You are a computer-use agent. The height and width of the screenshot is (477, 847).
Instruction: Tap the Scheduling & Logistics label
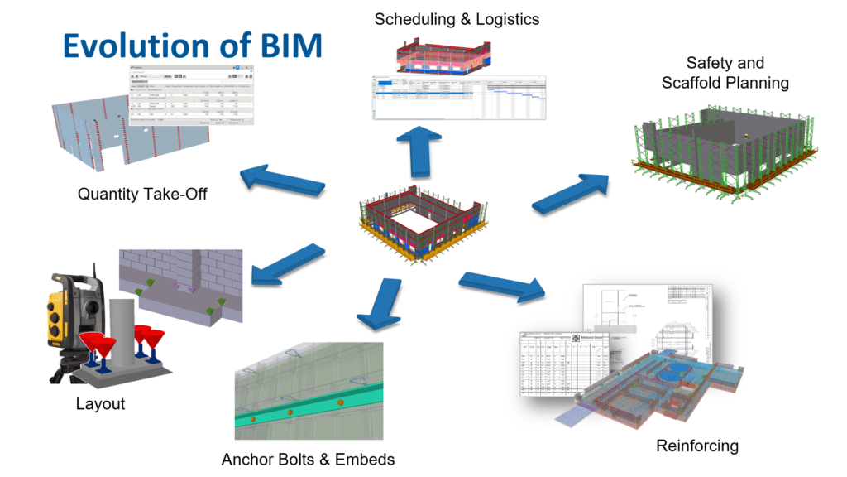tap(456, 19)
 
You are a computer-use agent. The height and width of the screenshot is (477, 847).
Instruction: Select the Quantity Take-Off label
tap(142, 195)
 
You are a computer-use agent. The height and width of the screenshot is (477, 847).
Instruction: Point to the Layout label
tap(100, 404)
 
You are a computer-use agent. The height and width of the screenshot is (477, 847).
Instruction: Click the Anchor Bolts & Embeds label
tap(308, 459)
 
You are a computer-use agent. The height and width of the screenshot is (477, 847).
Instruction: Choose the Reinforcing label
tap(696, 446)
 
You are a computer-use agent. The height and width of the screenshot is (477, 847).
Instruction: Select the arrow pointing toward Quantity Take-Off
tap(277, 177)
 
